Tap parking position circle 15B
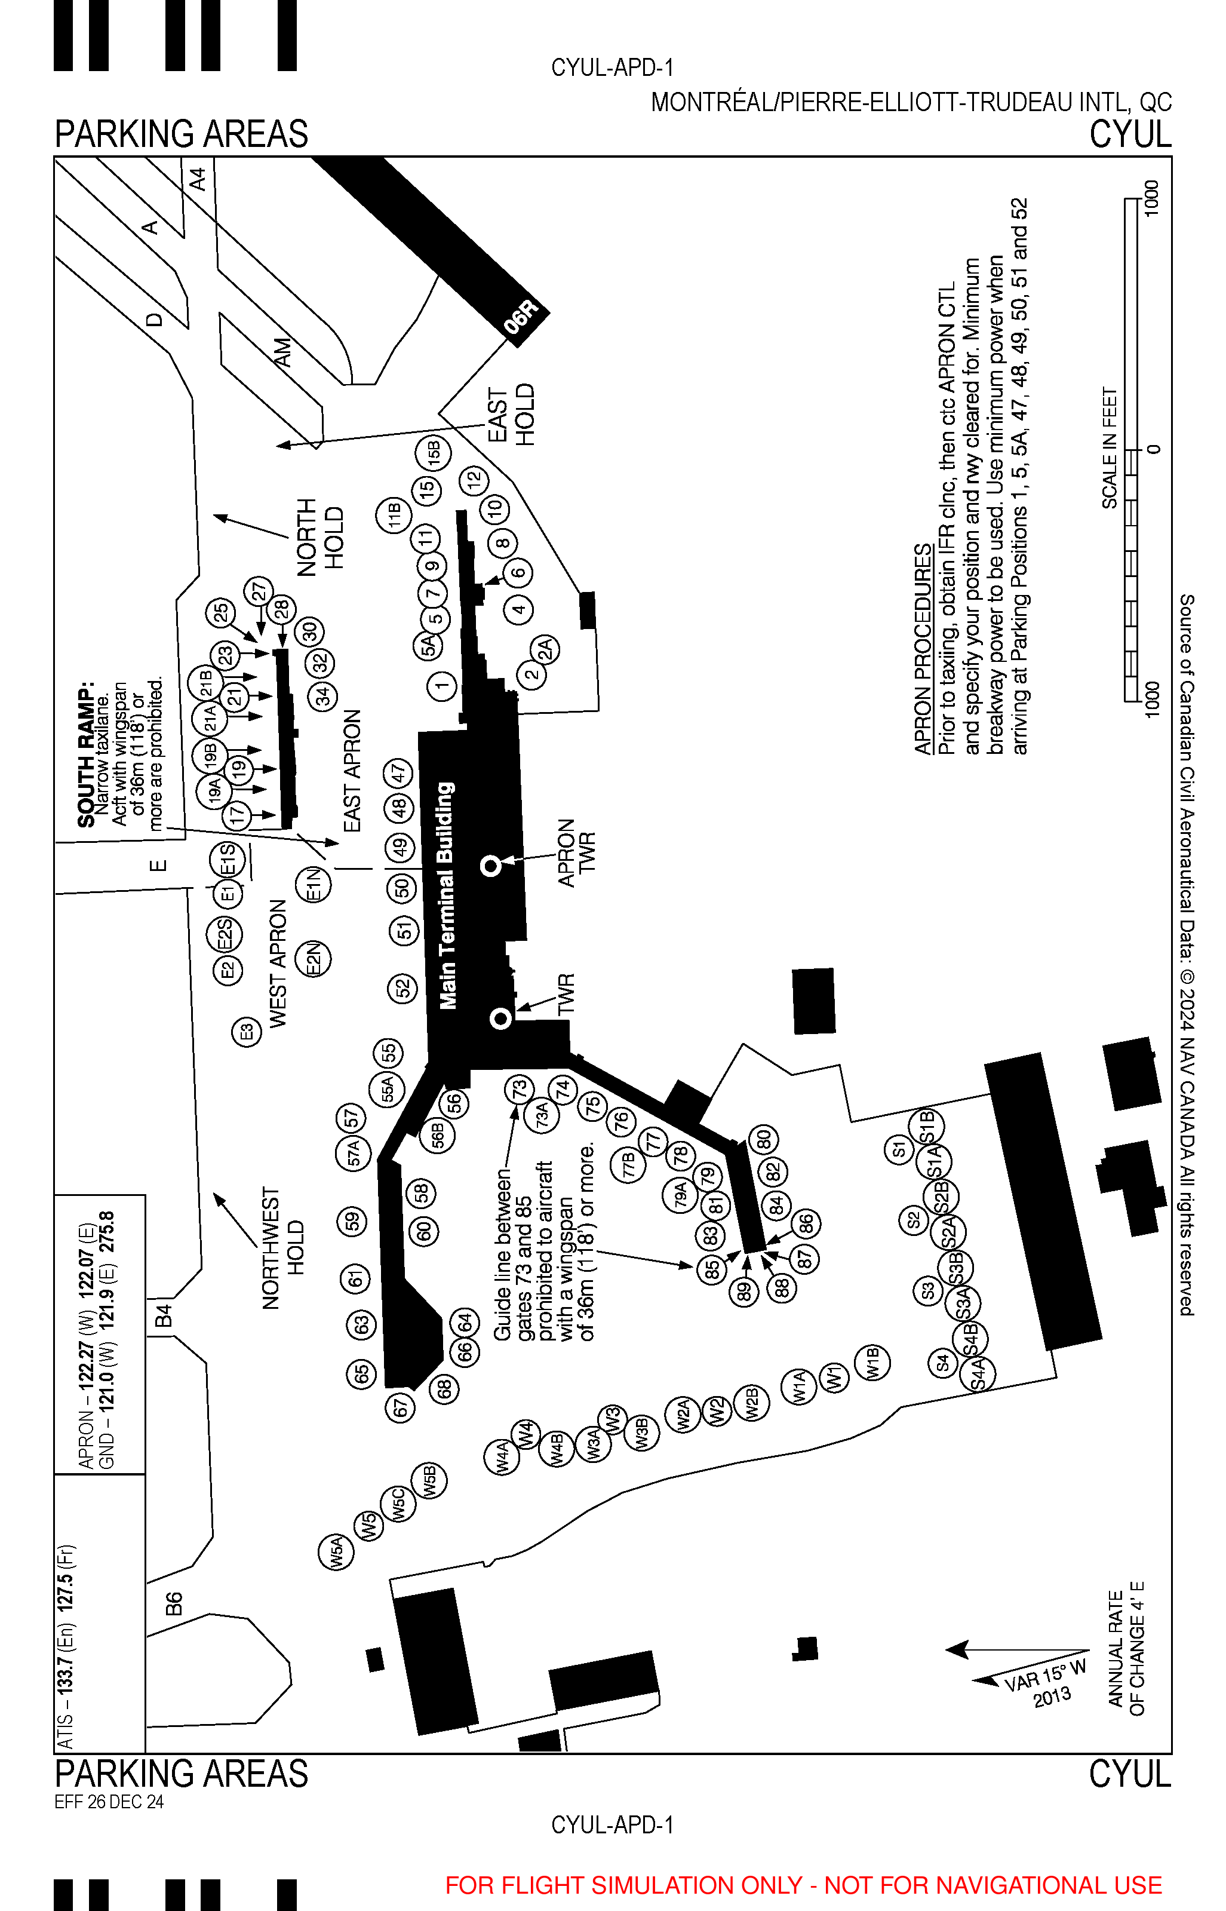[434, 453]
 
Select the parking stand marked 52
[403, 988]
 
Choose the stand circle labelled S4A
[978, 1373]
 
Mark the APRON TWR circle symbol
[491, 865]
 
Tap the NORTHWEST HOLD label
[282, 1248]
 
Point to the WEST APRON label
[277, 964]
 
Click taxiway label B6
[174, 1603]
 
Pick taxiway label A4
[198, 179]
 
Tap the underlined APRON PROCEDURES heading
[922, 648]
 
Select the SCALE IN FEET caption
[1109, 447]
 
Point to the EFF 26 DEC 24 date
[109, 1801]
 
